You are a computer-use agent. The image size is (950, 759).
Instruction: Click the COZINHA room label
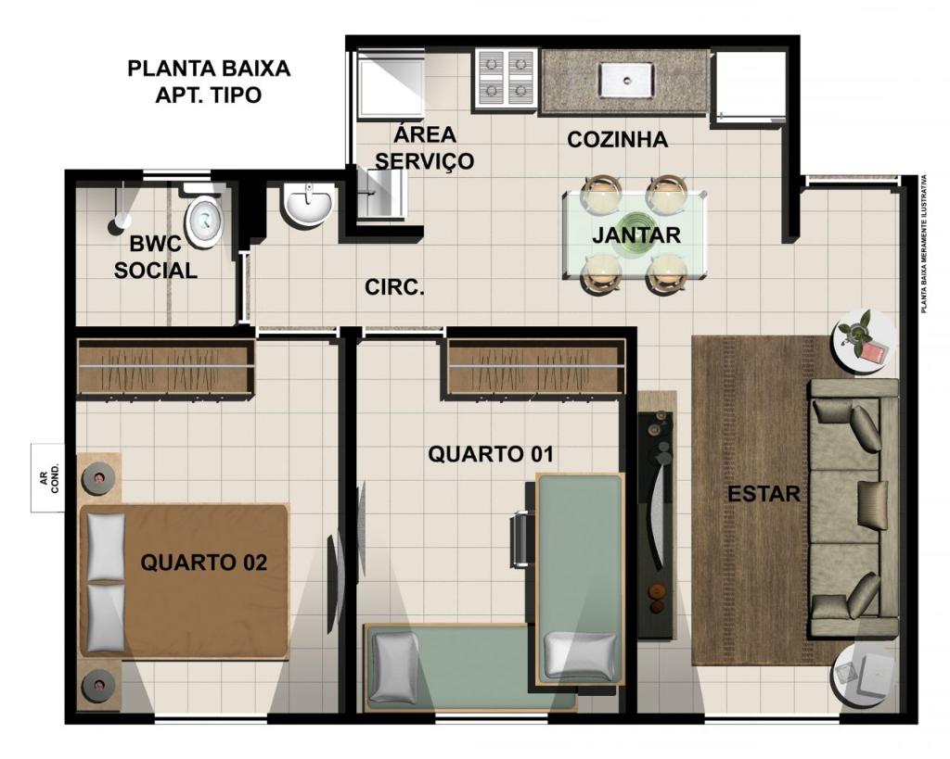click(617, 140)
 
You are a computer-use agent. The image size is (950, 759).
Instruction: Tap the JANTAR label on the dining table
click(636, 234)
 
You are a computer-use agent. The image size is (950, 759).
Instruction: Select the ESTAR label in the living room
click(764, 494)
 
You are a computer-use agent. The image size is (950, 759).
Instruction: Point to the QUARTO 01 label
click(491, 454)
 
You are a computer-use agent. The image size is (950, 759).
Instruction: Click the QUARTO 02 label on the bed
click(203, 563)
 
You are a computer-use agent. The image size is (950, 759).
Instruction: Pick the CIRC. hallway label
click(394, 287)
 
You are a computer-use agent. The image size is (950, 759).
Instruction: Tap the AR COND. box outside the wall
click(48, 478)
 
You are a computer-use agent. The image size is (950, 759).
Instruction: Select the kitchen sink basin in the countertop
click(626, 81)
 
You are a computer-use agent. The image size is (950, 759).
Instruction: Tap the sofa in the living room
click(854, 508)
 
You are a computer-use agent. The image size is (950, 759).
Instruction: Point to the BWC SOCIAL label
click(155, 258)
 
